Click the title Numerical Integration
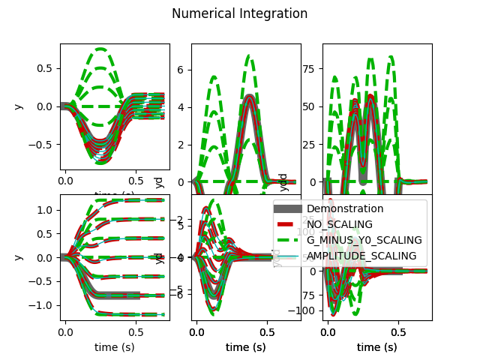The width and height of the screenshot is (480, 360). click(239, 13)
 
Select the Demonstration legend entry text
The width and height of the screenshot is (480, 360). click(345, 208)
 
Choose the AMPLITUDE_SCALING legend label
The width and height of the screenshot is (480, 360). click(361, 256)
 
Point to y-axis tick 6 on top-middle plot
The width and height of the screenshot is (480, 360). click(181, 69)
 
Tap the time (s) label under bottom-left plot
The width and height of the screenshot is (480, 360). click(115, 347)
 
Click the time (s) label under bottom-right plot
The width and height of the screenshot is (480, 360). click(376, 347)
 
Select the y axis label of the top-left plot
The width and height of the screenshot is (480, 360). click(18, 106)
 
